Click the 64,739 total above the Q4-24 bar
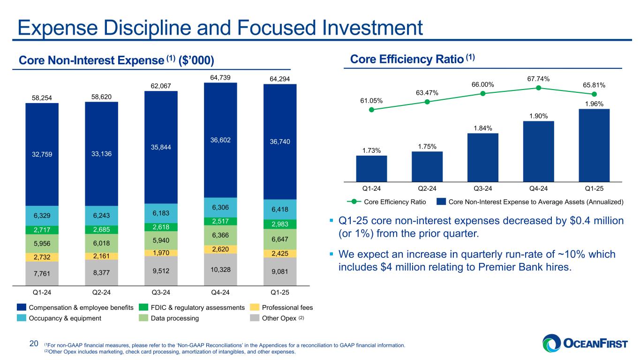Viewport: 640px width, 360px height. (220, 78)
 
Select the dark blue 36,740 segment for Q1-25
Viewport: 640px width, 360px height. (279, 141)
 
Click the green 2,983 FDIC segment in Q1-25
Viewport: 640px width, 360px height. (279, 224)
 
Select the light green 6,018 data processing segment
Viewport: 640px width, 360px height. (101, 244)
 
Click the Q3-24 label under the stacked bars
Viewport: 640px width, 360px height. (161, 293)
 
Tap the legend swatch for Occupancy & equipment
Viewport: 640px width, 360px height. (22, 318)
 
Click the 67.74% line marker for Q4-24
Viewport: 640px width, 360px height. (538, 88)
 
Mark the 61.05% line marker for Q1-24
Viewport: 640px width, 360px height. (371, 110)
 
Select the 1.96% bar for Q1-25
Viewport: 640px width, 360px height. (594, 145)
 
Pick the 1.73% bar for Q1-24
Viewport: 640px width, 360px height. (371, 168)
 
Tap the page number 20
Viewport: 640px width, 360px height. (34, 345)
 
